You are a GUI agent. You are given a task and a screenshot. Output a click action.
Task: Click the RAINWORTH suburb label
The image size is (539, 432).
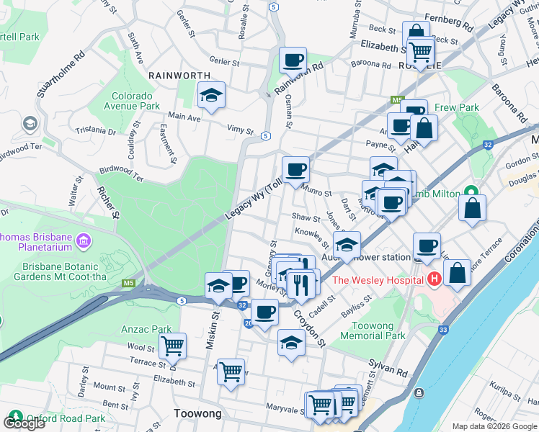point(179,75)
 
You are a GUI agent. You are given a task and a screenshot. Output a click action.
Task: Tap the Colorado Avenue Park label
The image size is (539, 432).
point(136,101)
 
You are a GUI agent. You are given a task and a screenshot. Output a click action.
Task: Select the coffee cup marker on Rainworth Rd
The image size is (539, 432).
point(293,60)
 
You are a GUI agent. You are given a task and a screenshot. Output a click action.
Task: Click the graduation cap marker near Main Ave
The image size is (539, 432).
point(211,95)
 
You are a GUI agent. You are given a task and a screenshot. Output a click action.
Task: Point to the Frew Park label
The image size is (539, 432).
point(457,108)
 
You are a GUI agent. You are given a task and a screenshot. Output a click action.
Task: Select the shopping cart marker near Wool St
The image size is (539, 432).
point(172,346)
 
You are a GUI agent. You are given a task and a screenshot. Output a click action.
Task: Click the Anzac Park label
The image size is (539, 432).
point(147,330)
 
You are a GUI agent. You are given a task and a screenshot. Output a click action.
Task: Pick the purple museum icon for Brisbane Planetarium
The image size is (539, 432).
point(83,239)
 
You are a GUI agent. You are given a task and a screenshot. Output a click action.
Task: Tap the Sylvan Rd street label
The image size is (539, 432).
point(388,368)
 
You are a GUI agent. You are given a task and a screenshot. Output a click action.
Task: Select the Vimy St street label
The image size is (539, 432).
point(240,131)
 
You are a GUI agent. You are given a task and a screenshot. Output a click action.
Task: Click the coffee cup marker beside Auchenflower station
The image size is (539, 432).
point(427,246)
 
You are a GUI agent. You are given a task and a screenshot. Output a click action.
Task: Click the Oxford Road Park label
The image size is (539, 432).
point(66,418)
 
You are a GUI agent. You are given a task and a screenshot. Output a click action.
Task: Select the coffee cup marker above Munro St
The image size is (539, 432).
point(295,170)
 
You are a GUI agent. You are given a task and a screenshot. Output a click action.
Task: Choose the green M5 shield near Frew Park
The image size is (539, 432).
point(396,99)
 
